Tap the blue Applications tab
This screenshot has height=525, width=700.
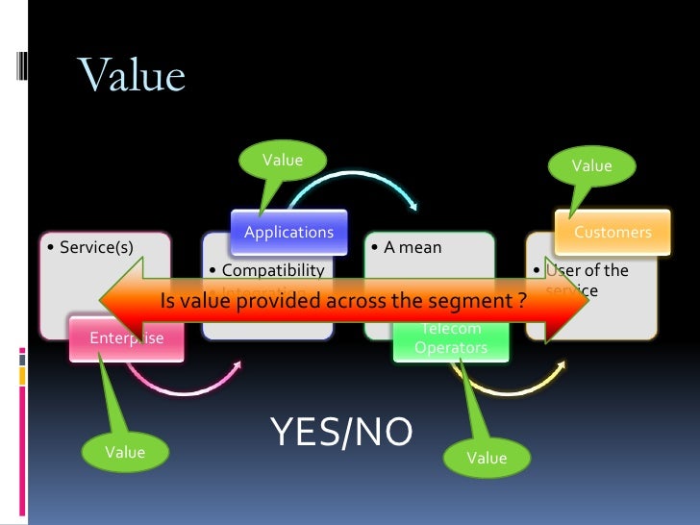pos(288,232)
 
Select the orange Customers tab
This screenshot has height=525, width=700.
pos(612,232)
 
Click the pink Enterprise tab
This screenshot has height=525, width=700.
pos(126,337)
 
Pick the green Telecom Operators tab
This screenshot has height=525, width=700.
pos(451,338)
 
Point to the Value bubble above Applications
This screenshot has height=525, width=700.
pos(283,161)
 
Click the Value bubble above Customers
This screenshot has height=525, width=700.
pos(591,166)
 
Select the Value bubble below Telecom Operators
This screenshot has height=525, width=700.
pos(487,459)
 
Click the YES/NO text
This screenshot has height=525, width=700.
pos(341,433)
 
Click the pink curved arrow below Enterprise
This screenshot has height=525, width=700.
pos(183,383)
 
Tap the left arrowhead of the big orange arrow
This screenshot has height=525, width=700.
pos(120,301)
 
